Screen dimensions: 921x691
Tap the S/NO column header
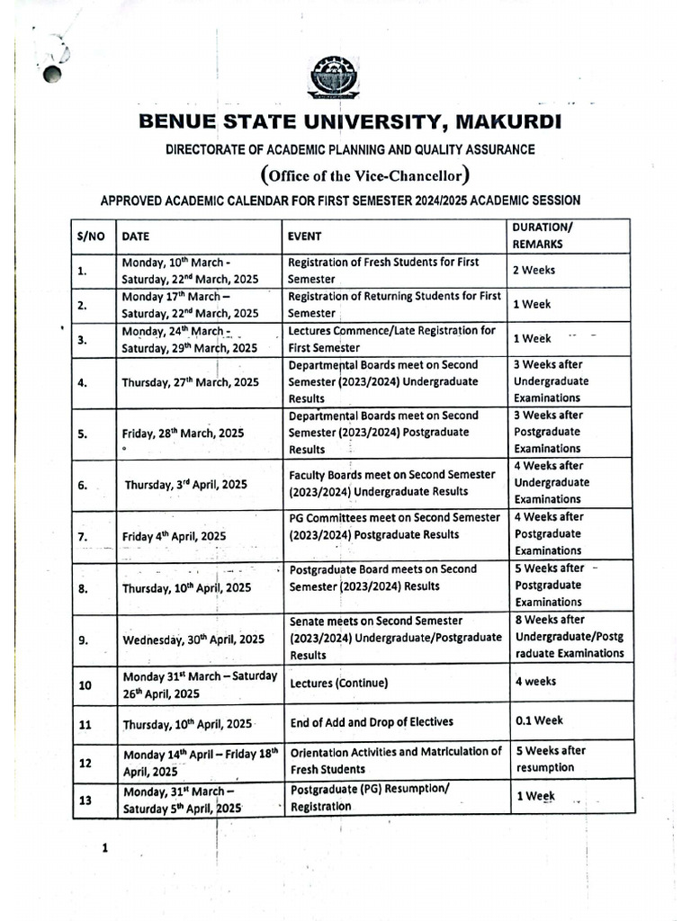coord(91,236)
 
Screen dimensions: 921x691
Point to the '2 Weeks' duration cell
coord(534,270)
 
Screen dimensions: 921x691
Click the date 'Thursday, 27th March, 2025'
coord(190,381)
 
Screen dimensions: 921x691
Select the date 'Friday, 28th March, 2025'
coord(183,433)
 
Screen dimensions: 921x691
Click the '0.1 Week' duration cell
coord(539,721)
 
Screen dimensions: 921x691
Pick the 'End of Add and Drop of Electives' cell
coord(371,722)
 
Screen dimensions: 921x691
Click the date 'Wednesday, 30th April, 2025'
coord(193,639)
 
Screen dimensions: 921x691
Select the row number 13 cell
coord(86,798)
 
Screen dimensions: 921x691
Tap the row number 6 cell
coord(82,484)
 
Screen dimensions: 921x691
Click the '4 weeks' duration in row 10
coord(535,682)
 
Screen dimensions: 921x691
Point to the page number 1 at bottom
coord(104,848)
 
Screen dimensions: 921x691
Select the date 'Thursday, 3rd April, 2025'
coord(185,484)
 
